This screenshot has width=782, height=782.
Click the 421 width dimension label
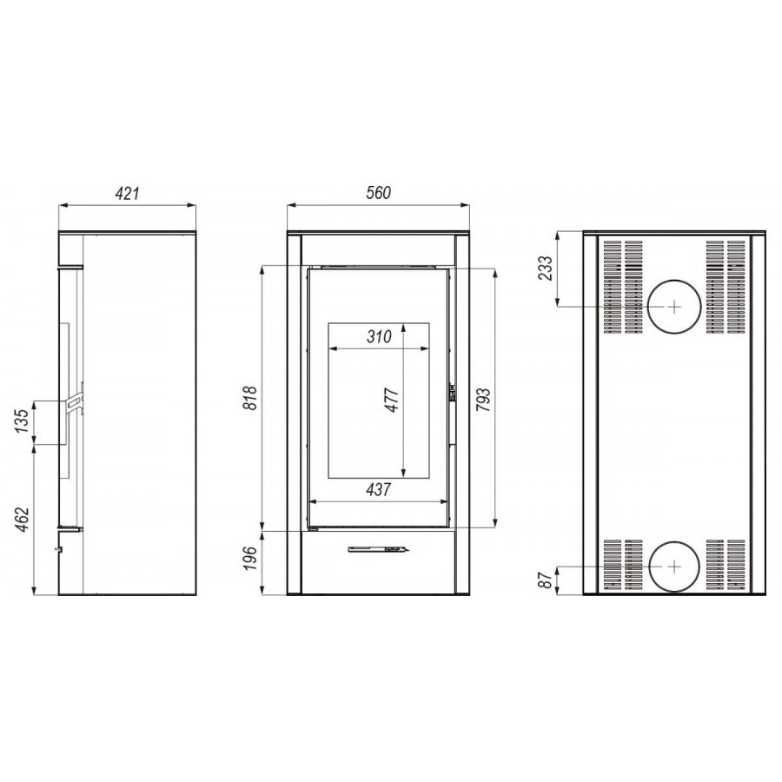click(128, 194)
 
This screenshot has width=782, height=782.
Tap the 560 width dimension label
click(379, 193)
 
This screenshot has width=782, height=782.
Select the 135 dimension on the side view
click(22, 421)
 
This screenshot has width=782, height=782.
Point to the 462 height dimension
click(22, 520)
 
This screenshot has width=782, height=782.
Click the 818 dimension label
click(249, 397)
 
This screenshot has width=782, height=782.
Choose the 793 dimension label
click(483, 399)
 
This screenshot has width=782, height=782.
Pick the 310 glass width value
click(379, 336)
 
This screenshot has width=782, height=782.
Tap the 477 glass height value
click(392, 400)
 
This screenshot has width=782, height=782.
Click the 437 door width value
click(379, 490)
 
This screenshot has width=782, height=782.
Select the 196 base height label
click(249, 559)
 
